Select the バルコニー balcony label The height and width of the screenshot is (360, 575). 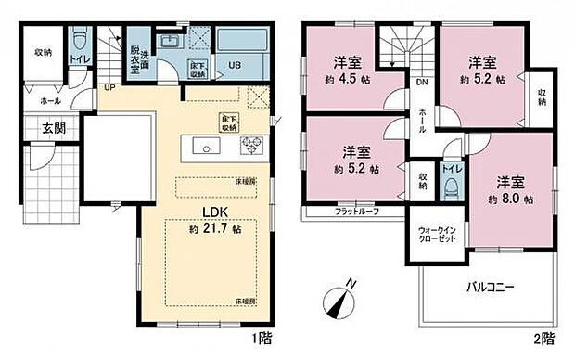click(490, 288)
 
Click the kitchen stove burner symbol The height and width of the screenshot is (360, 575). click(251, 146)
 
